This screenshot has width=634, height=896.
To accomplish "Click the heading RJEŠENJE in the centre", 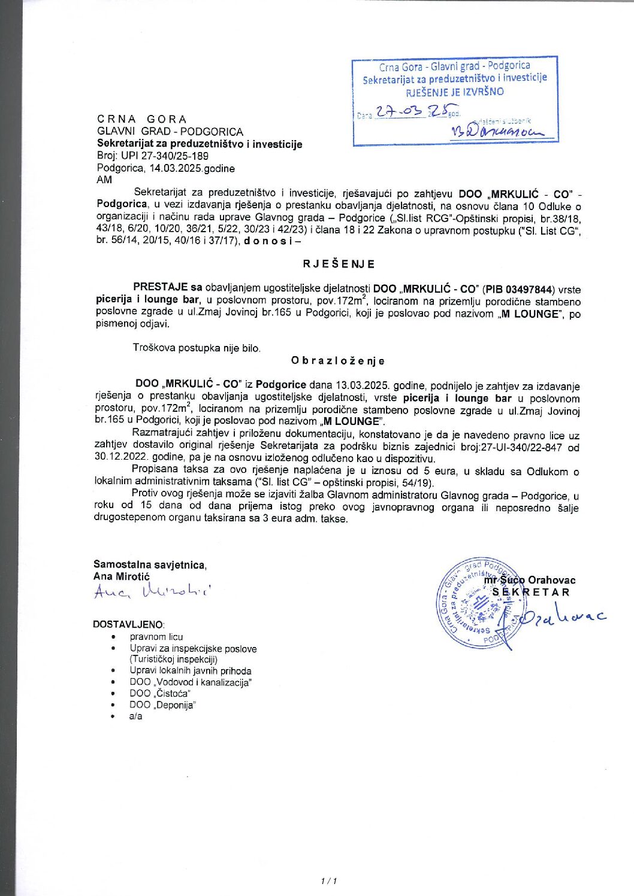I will click(x=339, y=264).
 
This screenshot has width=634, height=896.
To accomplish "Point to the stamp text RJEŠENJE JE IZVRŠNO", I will click(x=455, y=92).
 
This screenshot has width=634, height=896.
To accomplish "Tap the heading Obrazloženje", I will click(x=338, y=360).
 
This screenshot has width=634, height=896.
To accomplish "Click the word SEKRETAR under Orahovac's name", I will click(x=531, y=593).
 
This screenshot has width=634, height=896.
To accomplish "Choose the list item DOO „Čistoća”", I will click(x=160, y=694).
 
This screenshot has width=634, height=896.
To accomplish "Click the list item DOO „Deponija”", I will click(x=162, y=705).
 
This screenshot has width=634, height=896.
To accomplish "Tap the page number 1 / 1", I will click(x=329, y=880).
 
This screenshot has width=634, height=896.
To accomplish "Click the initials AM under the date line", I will click(x=104, y=180).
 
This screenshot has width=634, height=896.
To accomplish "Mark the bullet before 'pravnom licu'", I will click(x=113, y=637).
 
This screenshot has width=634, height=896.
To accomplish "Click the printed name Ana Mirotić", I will click(x=122, y=576).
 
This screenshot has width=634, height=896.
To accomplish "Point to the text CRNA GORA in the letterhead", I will click(x=142, y=119).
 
